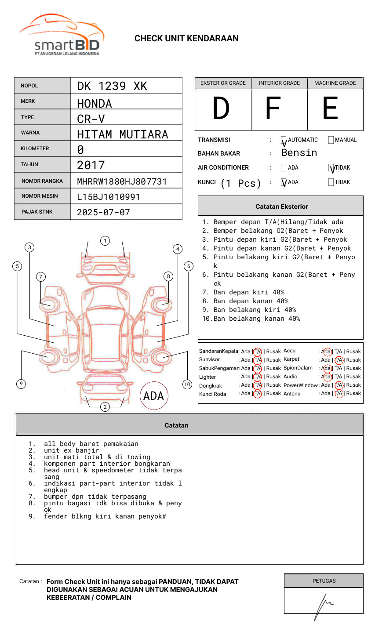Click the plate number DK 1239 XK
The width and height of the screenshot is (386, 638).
point(112,86)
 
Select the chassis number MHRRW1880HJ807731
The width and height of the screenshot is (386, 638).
point(122,181)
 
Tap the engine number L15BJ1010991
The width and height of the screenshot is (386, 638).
point(108,197)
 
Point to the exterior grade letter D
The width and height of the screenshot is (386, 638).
point(221,109)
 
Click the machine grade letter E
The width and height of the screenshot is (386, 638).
point(330,109)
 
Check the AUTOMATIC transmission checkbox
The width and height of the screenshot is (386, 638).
point(284,141)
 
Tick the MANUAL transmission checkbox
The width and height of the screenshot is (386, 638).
point(331,140)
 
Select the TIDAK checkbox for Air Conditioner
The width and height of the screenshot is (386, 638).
point(331,168)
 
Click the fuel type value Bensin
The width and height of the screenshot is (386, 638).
point(299,153)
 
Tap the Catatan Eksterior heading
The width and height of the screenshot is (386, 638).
point(281,207)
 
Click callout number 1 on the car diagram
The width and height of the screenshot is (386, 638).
point(105,241)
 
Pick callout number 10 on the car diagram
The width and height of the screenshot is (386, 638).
point(187,384)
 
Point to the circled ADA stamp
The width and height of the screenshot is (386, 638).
point(153,396)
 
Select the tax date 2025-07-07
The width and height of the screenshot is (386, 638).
point(103,212)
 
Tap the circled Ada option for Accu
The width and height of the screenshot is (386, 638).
point(327,352)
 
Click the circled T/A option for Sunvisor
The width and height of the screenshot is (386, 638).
point(258,360)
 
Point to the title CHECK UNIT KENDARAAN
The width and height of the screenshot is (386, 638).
point(186,39)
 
